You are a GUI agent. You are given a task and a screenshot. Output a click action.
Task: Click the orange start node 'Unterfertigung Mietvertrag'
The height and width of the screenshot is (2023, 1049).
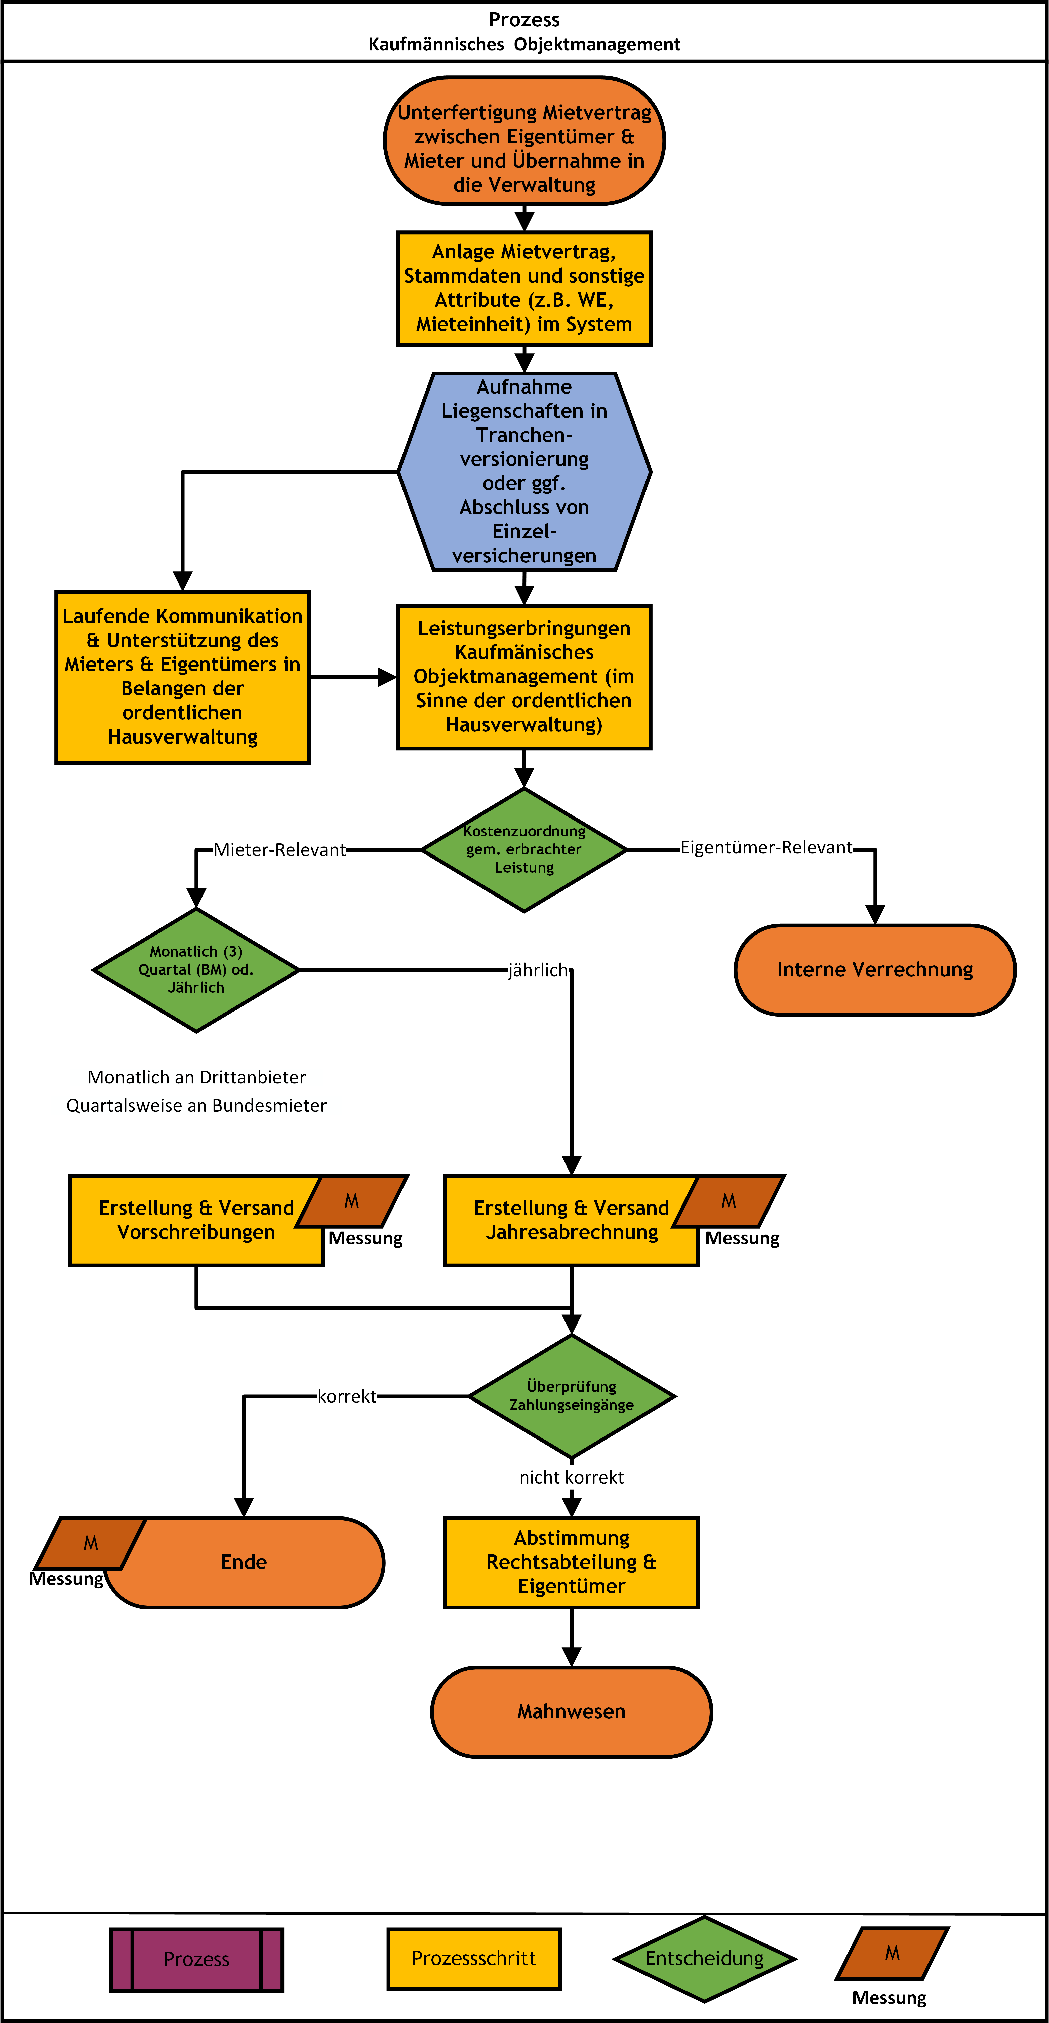click(524, 141)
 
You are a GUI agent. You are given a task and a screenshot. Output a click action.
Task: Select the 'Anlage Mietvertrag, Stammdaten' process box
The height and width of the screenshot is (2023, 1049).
click(524, 288)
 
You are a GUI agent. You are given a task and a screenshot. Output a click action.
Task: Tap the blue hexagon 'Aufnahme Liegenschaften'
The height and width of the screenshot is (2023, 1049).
click(524, 471)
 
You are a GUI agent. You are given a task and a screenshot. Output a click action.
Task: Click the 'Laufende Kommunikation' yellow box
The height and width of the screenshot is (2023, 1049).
click(182, 676)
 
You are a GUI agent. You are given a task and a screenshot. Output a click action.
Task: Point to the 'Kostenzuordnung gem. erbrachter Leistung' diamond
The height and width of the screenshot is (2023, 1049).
click(524, 850)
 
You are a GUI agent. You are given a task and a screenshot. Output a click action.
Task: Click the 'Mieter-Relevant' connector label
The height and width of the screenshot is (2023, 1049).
click(279, 850)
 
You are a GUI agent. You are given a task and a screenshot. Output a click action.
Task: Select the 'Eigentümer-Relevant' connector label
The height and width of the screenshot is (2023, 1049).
click(766, 847)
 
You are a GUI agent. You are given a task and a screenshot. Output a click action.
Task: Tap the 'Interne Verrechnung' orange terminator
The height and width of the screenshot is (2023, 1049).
click(875, 970)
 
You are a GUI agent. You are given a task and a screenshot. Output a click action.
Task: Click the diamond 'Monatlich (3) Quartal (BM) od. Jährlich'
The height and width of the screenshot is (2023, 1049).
click(196, 970)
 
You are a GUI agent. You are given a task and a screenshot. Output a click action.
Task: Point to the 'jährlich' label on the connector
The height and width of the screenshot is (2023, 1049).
click(538, 971)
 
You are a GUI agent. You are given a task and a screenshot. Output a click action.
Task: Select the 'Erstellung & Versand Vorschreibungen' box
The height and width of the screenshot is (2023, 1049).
click(196, 1220)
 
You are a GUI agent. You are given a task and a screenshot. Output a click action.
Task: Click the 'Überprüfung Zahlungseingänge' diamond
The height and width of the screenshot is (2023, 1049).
click(572, 1396)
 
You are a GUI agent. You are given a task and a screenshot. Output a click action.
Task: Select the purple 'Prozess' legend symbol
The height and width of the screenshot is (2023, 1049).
click(196, 1959)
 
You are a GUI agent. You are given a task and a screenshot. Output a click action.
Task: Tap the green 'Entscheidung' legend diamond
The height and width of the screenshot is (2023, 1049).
click(704, 1959)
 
